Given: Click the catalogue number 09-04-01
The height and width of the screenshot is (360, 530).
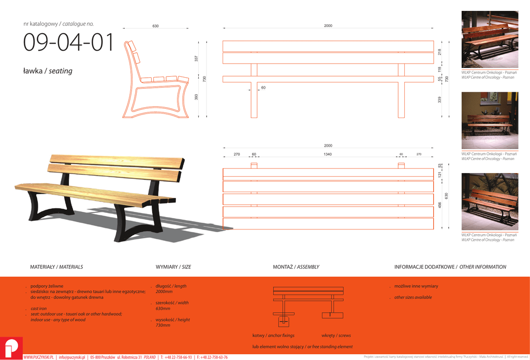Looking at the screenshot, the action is click(x=68, y=43).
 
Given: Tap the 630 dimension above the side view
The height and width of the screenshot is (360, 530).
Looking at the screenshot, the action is click(x=155, y=26).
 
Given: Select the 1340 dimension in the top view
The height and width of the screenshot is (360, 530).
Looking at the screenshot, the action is click(x=328, y=154).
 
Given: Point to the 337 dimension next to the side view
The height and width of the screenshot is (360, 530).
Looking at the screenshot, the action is click(x=196, y=59).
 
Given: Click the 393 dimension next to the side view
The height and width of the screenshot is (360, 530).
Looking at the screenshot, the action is click(x=196, y=97).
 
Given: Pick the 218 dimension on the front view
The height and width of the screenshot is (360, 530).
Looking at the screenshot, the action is click(x=439, y=52).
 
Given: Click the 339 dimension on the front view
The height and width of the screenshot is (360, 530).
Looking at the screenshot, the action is click(x=439, y=99).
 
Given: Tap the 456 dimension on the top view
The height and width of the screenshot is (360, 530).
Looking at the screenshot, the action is click(x=440, y=205).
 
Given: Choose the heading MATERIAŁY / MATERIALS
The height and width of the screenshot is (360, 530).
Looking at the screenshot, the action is click(x=56, y=267).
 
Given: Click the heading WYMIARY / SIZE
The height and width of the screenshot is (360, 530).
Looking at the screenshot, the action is click(x=173, y=267).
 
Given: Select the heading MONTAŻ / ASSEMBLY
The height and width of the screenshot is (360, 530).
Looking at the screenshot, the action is click(x=296, y=267).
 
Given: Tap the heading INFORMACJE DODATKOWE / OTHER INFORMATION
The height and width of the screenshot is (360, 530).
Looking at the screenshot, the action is click(x=450, y=267).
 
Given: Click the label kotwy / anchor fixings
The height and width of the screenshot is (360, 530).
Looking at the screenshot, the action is click(x=273, y=336).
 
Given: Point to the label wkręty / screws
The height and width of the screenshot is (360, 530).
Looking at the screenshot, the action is click(x=336, y=336).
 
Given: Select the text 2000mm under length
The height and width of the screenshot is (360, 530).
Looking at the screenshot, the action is click(x=164, y=292).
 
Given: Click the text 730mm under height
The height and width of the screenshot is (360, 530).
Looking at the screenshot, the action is click(x=163, y=325).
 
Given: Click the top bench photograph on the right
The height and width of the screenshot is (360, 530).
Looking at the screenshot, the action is click(x=489, y=39).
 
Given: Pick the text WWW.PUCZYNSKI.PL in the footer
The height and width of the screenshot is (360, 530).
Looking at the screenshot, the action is click(x=39, y=357).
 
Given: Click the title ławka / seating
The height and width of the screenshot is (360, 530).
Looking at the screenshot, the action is click(x=48, y=71).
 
